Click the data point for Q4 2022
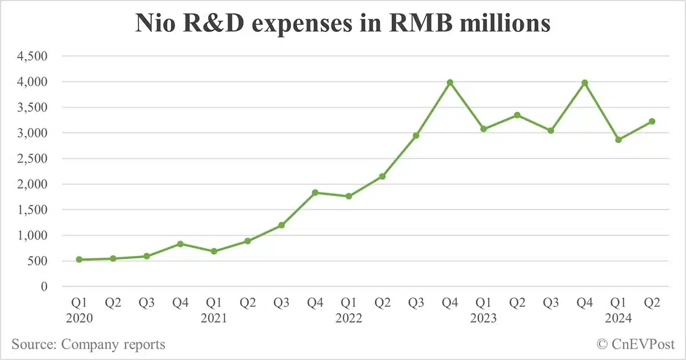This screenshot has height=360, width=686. pyautogui.click(x=450, y=82)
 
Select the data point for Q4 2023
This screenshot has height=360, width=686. pyautogui.click(x=585, y=83)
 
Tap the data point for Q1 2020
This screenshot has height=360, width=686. pyautogui.click(x=79, y=259)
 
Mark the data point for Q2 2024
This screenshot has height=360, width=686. pyautogui.click(x=652, y=121)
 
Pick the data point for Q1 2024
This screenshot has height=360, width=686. pyautogui.click(x=618, y=139)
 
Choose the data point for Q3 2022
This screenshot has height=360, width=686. pyautogui.click(x=416, y=135)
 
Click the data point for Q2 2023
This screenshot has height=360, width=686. pyautogui.click(x=517, y=115)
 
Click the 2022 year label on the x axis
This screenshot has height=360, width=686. pyautogui.click(x=349, y=318)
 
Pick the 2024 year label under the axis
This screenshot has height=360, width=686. pyautogui.click(x=618, y=318)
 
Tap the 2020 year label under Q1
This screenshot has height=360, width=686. pyautogui.click(x=79, y=318)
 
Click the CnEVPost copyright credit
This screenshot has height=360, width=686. pyautogui.click(x=636, y=344)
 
